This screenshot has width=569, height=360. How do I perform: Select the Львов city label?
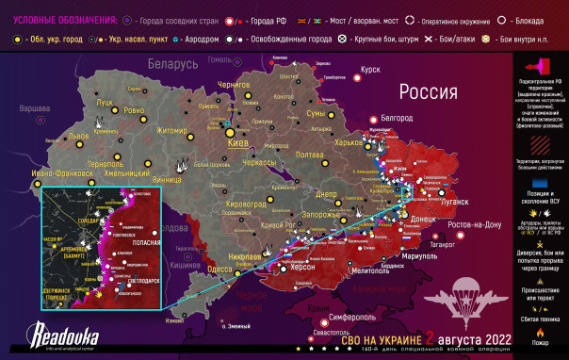79,136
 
